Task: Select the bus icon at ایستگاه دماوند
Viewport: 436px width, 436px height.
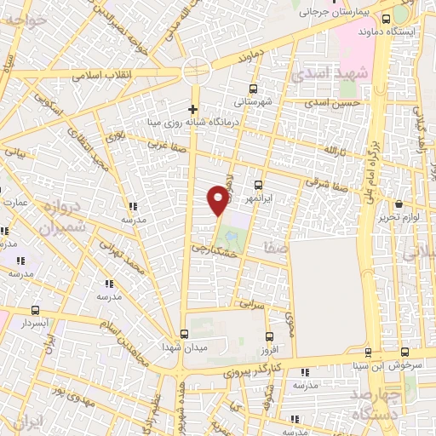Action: tap(386, 20)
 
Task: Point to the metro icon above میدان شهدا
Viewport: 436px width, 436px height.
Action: tap(184, 334)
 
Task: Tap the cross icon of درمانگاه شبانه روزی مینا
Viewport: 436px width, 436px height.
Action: tap(193, 109)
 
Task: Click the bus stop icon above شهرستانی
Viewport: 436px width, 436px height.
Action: tap(252, 89)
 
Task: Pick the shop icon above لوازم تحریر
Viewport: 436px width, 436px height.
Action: tap(399, 204)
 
